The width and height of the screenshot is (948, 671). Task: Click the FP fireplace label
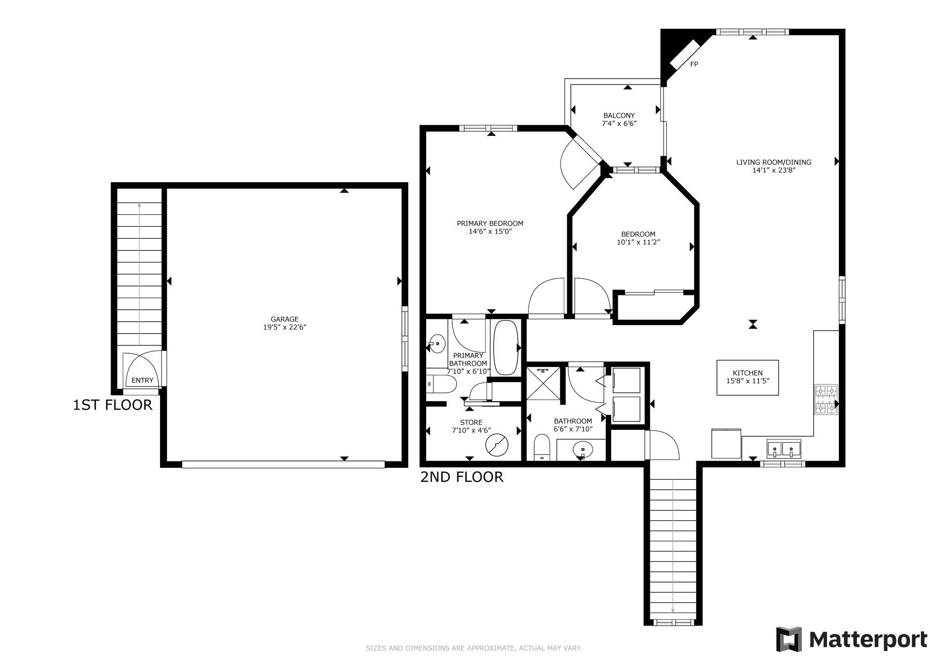pos(694,64)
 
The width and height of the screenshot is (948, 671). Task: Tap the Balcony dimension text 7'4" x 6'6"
pos(619,124)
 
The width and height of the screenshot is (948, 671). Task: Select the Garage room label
pos(284,319)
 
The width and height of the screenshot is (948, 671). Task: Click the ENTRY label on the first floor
pos(142,380)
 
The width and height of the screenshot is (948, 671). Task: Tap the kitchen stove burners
pos(826,399)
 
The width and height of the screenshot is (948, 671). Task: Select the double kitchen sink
pos(784,449)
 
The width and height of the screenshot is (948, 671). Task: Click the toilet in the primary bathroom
pos(440,384)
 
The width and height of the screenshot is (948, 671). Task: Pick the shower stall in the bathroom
pos(543,383)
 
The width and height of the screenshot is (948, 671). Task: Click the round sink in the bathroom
pos(583,450)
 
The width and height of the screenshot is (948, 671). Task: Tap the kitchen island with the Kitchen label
pos(748,377)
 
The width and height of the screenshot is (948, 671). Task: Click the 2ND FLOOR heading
pos(462,477)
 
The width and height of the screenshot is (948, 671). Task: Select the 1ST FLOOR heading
pos(113,405)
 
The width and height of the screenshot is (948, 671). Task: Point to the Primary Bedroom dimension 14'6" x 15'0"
pos(490,231)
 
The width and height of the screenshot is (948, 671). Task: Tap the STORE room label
pos(471,422)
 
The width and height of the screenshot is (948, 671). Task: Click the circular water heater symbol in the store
pos(497,445)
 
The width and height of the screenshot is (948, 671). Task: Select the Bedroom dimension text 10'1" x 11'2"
pos(638,242)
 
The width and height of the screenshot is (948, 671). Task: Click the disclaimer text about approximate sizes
pos(474,648)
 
